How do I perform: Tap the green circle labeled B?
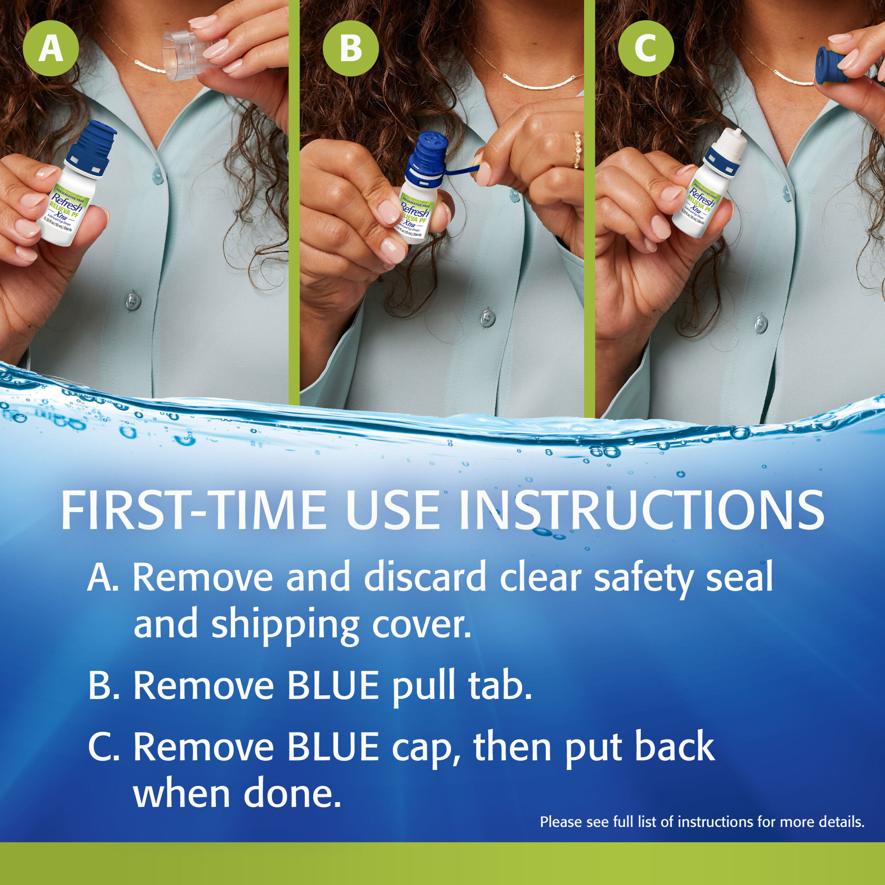tap(350, 48)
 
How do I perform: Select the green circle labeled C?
tap(646, 48)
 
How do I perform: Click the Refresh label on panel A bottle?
tap(67, 204)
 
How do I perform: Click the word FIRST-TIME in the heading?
tap(192, 510)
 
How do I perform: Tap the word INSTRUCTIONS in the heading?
tap(641, 510)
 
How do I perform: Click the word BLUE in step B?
tap(333, 685)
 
